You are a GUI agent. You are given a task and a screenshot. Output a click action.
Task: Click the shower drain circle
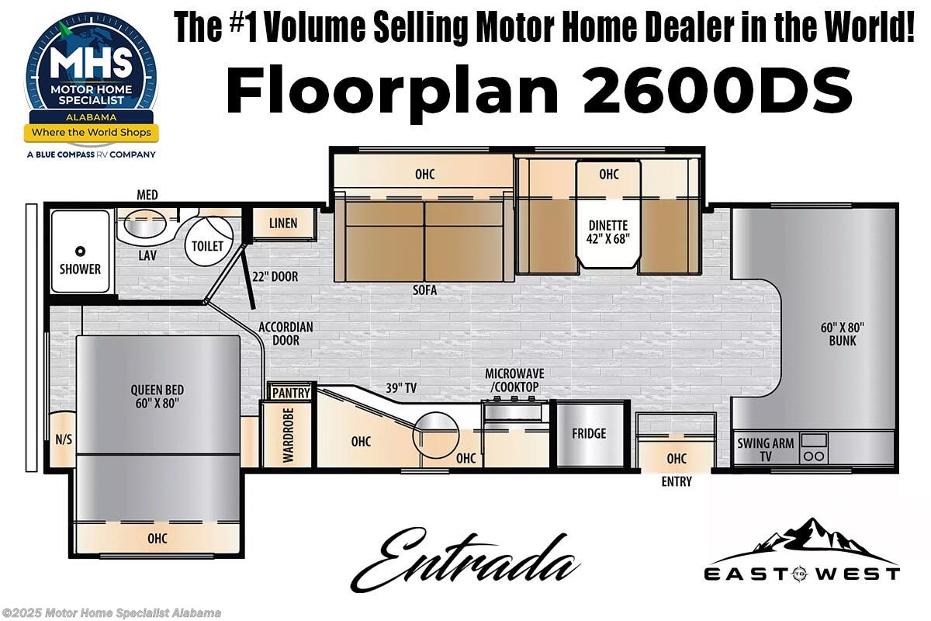tap(79, 251)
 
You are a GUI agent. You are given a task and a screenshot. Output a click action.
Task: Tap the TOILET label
tap(207, 246)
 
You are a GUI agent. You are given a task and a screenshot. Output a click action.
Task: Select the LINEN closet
tap(283, 224)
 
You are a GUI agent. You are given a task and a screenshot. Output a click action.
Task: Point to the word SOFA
tap(425, 290)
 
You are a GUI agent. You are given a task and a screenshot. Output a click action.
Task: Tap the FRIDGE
tap(589, 434)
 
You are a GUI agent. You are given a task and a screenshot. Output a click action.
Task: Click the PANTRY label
tap(291, 393)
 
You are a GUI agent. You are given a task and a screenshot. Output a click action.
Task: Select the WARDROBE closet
tap(288, 435)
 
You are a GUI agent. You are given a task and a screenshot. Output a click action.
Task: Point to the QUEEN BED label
tap(157, 397)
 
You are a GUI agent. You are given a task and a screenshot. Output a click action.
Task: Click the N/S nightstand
tap(64, 439)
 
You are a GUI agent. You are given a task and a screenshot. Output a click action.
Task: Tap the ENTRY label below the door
tap(677, 482)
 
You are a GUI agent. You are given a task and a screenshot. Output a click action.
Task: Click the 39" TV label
tap(402, 388)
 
